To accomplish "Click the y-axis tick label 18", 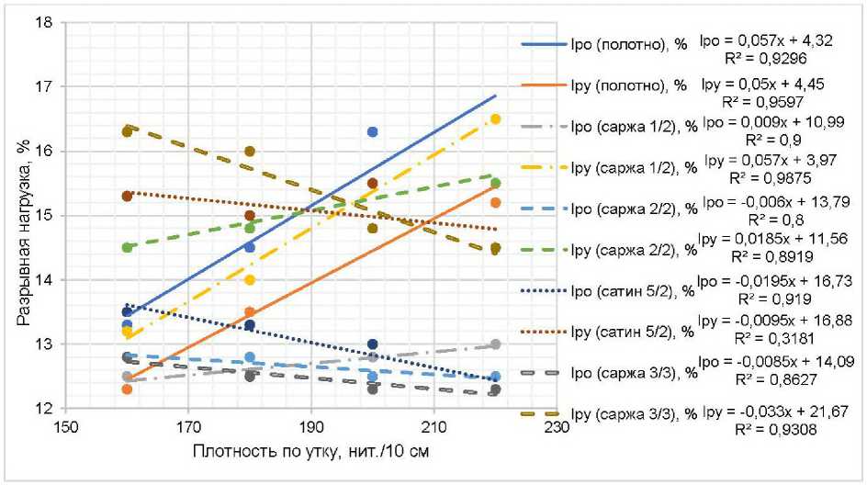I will click(x=42, y=21).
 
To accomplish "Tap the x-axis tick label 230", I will click(x=557, y=427).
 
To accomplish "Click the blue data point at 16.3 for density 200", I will click(x=372, y=131).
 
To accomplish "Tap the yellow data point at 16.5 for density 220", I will click(x=495, y=118).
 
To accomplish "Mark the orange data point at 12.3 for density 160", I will click(x=127, y=389).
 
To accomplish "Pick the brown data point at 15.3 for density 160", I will click(x=127, y=196).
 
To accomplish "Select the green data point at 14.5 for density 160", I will click(x=127, y=247).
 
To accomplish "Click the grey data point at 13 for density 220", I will click(x=495, y=344).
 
